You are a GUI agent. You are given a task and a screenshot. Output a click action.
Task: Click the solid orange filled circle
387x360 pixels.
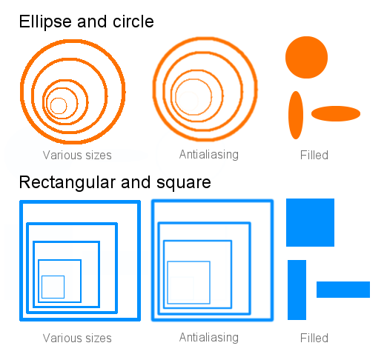coord(306,57)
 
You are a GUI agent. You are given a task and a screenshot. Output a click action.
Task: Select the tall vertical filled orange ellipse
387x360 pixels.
coord(296,115)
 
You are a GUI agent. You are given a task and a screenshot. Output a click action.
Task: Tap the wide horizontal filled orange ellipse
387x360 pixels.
coord(336,113)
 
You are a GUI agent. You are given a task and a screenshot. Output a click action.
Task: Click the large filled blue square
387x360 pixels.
coord(310,222)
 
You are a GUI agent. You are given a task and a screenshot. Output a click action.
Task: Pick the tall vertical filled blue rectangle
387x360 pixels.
coord(297,290)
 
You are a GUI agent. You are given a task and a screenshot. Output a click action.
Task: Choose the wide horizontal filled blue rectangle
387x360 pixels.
coord(343,290)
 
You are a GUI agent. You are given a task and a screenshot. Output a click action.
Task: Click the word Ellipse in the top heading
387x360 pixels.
coord(45,22)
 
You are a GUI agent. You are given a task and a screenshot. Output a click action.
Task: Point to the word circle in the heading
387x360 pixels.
coord(133,21)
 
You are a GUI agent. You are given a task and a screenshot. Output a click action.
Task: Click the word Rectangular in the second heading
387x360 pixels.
coord(67,183)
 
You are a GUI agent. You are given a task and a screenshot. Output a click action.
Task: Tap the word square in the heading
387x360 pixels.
coord(184,184)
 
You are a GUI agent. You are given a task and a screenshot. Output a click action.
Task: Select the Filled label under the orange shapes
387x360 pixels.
coord(314,155)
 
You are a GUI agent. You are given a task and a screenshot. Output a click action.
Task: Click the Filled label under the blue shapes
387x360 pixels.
coord(314,338)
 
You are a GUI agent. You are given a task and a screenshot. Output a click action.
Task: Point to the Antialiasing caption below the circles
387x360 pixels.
coord(209,155)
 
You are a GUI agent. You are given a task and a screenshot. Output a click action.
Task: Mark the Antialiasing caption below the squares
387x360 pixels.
coord(209,338)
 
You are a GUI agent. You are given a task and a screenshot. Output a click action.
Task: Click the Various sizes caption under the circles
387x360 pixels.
coord(77,155)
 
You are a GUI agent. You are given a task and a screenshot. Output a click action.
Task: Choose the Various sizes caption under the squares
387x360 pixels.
coord(77,338)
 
